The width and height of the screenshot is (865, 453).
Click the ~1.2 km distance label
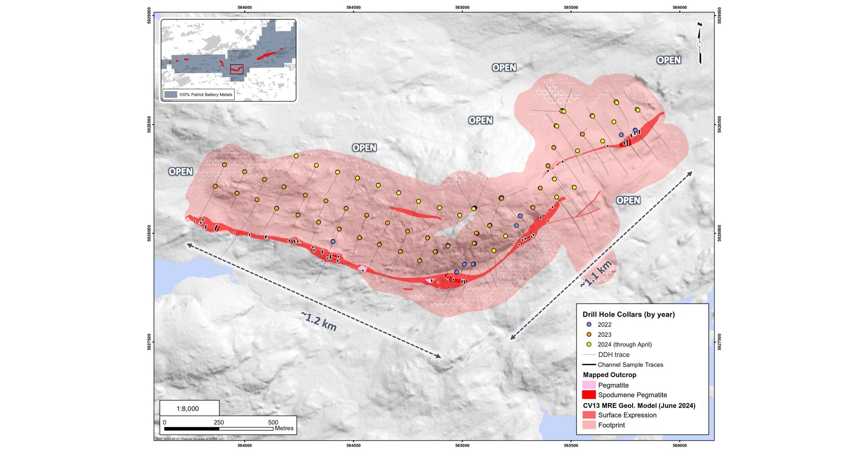click(x=319, y=321)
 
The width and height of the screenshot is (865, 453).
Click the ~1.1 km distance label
click(x=595, y=274)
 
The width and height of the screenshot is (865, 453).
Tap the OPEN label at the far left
click(x=181, y=172)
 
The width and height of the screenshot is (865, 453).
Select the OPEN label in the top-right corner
click(x=669, y=60)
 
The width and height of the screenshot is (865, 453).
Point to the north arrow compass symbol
click(x=700, y=44)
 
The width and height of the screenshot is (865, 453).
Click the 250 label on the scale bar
click(x=219, y=422)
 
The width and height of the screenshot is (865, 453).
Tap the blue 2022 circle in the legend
click(x=589, y=324)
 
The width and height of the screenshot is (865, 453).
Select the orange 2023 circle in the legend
click(x=589, y=334)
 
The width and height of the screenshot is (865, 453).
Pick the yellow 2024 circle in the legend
click(x=589, y=344)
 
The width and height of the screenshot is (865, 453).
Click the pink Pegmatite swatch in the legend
click(x=589, y=385)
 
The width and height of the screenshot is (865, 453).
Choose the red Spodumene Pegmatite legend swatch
click(x=589, y=395)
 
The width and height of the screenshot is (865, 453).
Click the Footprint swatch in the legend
click(x=589, y=425)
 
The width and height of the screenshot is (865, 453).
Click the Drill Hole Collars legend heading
click(x=628, y=314)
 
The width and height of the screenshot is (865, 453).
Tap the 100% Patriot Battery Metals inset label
click(x=205, y=95)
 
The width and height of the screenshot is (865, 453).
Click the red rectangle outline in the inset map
click(x=237, y=69)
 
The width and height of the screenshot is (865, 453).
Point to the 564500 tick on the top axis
click(x=353, y=8)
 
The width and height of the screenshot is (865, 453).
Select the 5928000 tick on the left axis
click(x=150, y=234)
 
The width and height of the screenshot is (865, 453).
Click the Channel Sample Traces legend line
click(x=589, y=365)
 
